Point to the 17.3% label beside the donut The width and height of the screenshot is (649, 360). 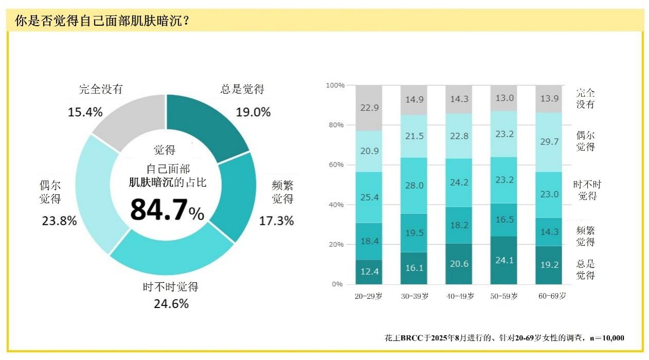tap(276, 221)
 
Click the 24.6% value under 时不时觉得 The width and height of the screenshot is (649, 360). tap(171, 304)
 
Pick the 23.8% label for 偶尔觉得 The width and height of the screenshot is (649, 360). tap(59, 221)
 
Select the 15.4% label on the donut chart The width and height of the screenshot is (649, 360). tap(85, 112)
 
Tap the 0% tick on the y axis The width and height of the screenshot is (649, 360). tap(337, 284)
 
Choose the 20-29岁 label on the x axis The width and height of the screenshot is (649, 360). tap(369, 296)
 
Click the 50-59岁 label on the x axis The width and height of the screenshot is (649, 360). tap(503, 296)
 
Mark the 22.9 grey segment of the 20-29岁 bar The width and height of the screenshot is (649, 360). tap(369, 107)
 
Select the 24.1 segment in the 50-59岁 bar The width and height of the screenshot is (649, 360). tap(503, 260)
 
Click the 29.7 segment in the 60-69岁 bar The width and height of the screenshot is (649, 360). tap(549, 142)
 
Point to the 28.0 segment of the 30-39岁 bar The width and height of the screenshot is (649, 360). tap(414, 186)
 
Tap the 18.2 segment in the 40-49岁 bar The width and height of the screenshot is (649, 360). tap(459, 225)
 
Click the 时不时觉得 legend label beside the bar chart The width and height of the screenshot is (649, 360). tap(587, 190)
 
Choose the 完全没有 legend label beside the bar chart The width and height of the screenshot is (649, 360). tap(585, 98)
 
